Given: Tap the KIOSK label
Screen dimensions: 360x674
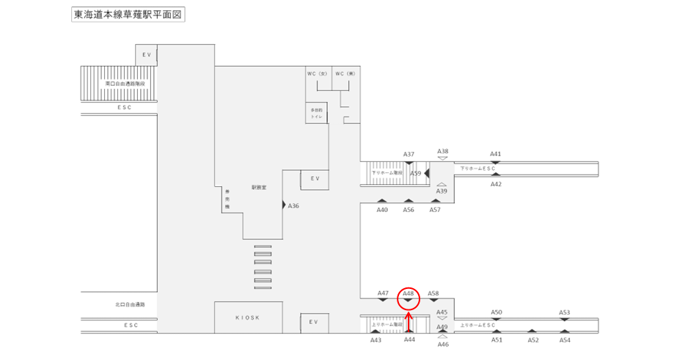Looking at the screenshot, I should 247,317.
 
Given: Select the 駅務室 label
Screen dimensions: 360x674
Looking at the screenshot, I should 258,188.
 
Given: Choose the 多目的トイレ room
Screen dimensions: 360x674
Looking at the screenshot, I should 317,112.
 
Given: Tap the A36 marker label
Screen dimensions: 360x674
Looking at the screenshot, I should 294,206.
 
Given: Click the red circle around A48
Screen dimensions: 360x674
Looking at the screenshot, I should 409,298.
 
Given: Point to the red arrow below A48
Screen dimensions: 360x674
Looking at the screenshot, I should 409,323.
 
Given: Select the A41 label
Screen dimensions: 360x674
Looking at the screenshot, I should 496,154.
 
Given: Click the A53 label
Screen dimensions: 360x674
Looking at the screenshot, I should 564,312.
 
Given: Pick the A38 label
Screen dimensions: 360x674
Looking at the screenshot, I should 442,151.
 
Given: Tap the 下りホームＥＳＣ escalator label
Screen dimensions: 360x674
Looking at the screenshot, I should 478,169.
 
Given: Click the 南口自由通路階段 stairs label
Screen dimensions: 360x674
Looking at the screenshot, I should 120,84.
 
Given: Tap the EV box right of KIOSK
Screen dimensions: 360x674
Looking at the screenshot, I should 313,322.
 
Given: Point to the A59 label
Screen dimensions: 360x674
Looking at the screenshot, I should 415,174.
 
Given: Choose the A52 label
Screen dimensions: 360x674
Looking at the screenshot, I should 533,340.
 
